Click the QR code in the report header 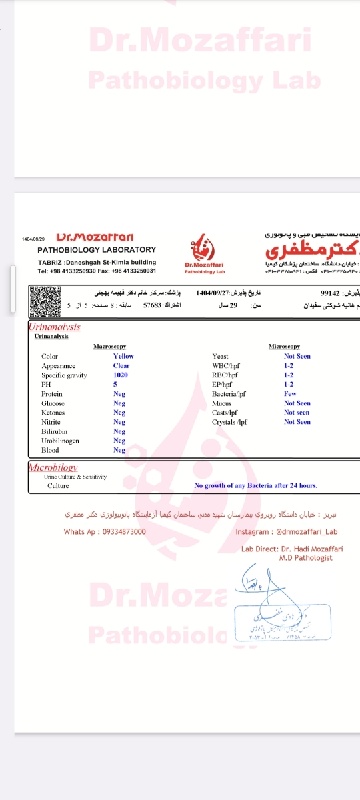pos(45,301)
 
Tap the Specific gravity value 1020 pos(120,375)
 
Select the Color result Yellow pos(123,357)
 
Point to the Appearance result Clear pos(121,366)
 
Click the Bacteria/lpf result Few pos(290,394)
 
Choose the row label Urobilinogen pos(60,441)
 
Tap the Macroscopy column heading pos(109,347)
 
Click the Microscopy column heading pos(284,347)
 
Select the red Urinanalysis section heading pos(54,327)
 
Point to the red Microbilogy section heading pos(53,468)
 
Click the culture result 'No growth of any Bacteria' pos(255,486)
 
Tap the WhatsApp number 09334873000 pos(105,531)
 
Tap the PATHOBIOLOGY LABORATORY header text pos(97,249)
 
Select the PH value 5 pos(115,385)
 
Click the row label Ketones pos(53,413)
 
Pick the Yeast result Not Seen pos(297,357)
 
